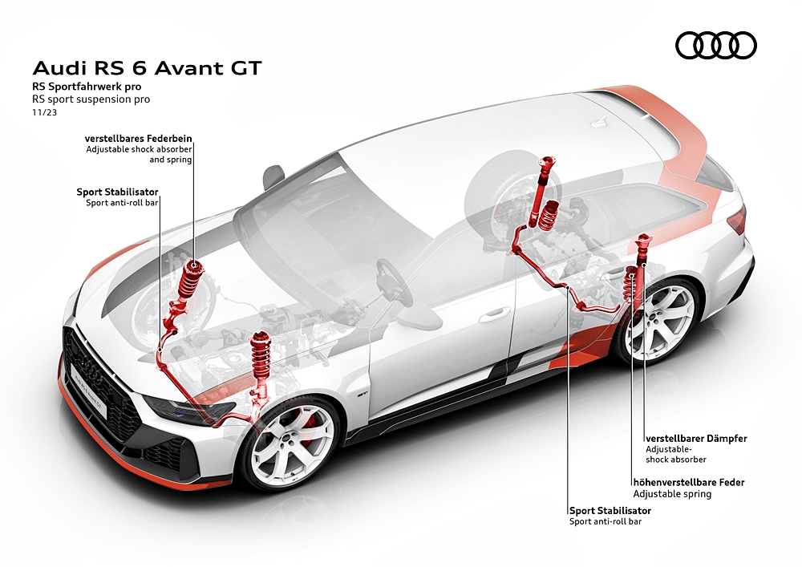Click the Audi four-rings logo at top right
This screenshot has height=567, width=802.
click(x=716, y=45)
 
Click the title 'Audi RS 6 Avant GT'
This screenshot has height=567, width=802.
click(x=148, y=68)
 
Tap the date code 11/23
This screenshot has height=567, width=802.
click(x=44, y=112)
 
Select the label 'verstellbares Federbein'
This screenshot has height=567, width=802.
click(x=139, y=138)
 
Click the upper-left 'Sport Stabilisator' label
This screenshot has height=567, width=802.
click(x=118, y=192)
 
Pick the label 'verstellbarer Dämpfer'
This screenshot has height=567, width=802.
click(x=697, y=439)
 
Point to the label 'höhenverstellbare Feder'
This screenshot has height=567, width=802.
click(x=689, y=482)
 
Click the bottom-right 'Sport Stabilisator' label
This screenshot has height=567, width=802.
click(x=610, y=510)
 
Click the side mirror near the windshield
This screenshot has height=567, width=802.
click(x=273, y=176)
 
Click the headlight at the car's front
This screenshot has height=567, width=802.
click(x=189, y=407)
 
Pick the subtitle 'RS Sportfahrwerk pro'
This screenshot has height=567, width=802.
click(x=87, y=87)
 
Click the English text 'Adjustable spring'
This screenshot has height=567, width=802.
click(x=672, y=494)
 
